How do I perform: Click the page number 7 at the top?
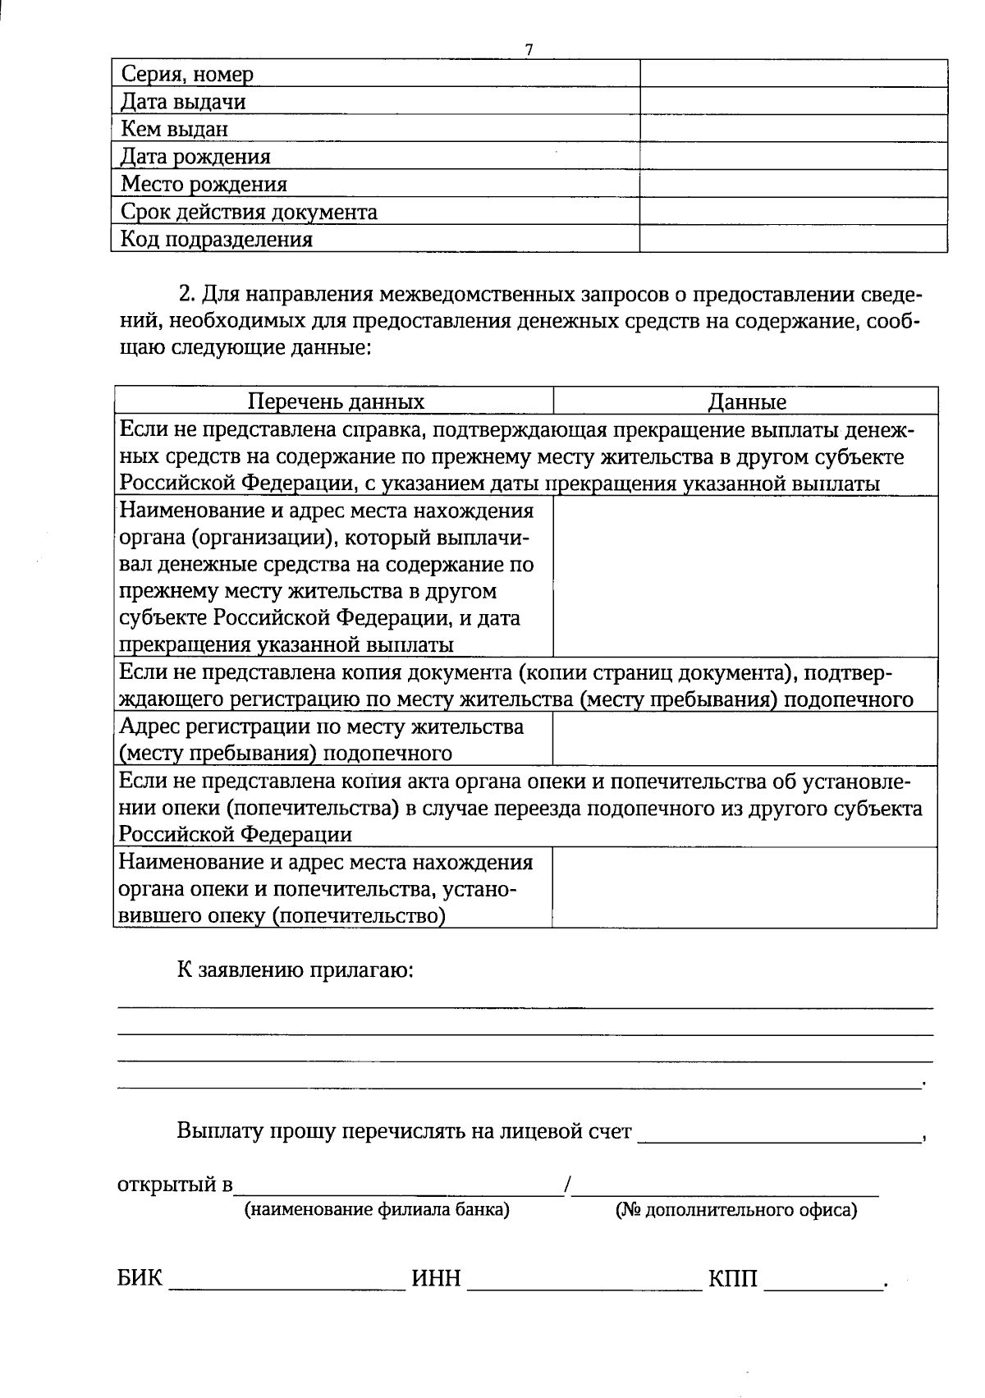(529, 50)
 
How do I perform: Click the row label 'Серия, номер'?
(187, 75)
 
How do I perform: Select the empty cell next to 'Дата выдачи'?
(793, 102)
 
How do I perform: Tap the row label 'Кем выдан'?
(174, 129)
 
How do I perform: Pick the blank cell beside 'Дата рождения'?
(793, 156)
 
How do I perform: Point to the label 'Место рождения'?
(204, 184)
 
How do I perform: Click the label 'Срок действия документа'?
(249, 212)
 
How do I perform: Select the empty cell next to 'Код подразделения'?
(793, 239)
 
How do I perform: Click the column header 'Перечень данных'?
(336, 401)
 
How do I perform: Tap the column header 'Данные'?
(746, 402)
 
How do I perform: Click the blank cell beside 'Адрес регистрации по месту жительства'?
(744, 739)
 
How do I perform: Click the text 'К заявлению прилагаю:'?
(295, 969)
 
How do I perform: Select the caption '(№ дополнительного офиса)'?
(735, 1210)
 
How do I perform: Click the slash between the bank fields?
(567, 1185)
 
